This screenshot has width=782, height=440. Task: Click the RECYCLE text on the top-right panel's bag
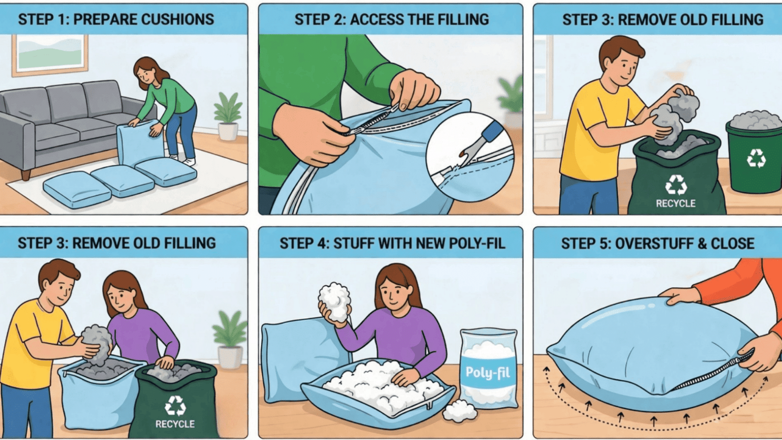point(675,203)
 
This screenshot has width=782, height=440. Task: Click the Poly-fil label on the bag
point(488,372)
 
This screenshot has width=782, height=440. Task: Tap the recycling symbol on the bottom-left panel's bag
point(175,405)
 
